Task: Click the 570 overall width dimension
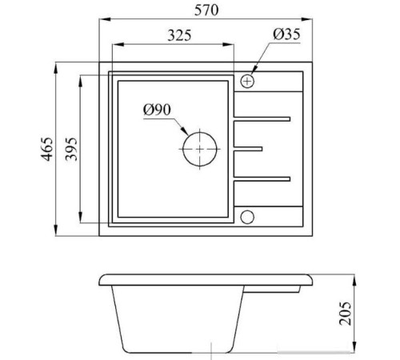206,10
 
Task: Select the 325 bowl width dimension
179,35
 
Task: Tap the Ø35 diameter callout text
286,34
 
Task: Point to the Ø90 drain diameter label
157,110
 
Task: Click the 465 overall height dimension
47,149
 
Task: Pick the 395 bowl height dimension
71,149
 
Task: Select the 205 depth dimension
345,314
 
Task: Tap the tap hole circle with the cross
247,81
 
